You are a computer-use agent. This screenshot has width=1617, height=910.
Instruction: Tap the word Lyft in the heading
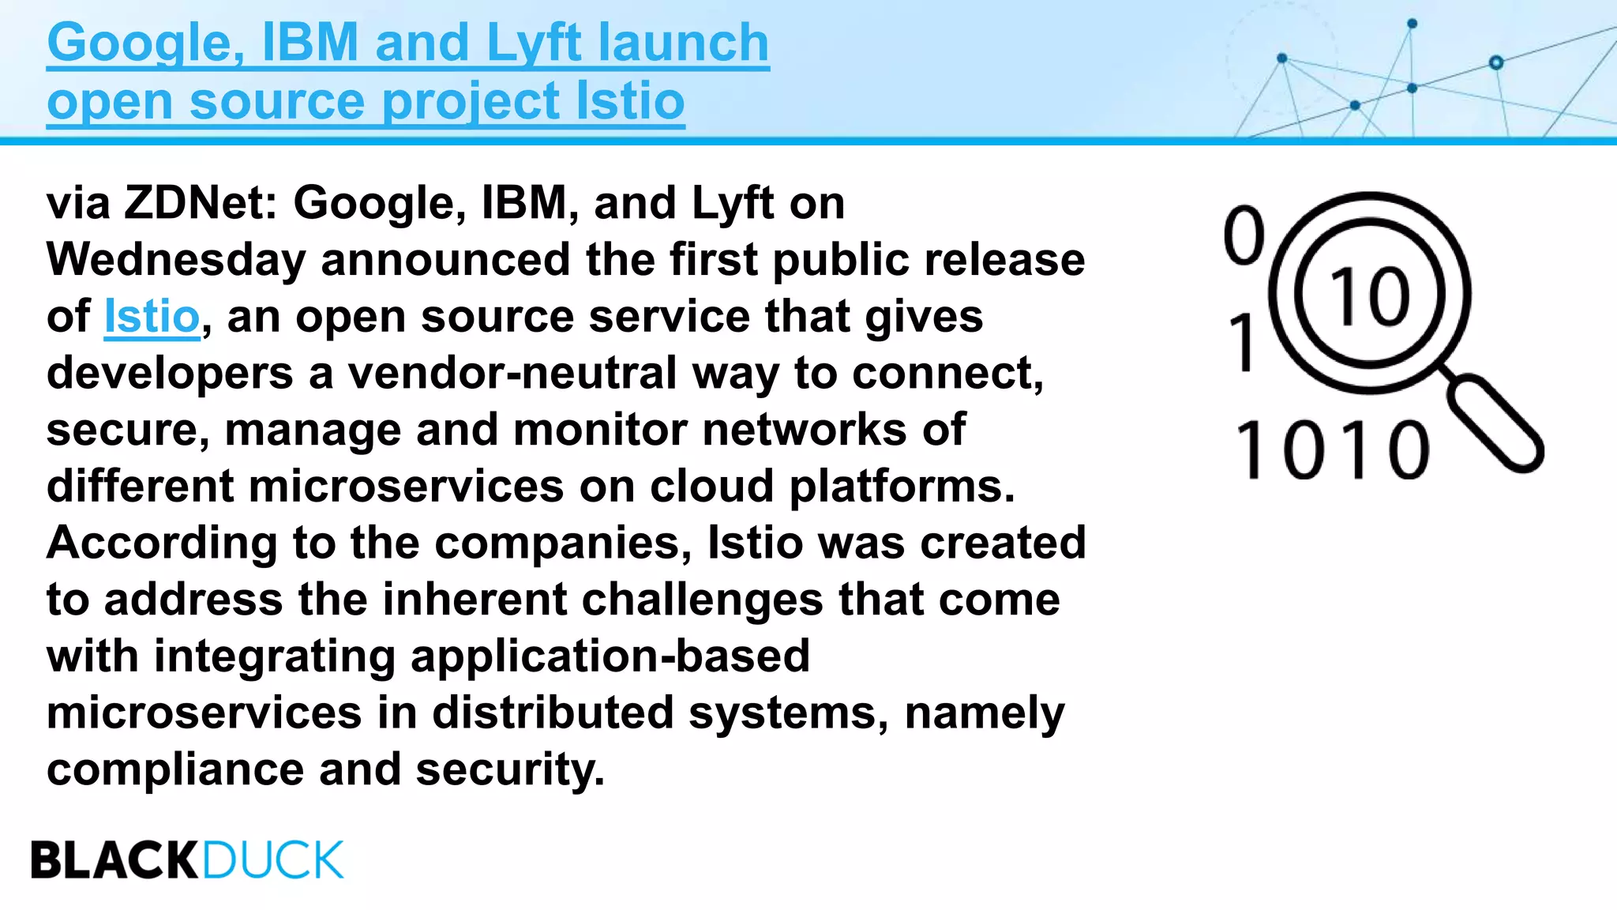pos(534,43)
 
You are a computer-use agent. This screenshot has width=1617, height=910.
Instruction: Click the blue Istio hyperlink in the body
pos(152,317)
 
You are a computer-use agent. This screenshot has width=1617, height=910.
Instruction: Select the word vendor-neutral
pos(512,374)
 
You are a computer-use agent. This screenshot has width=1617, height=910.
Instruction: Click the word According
pos(161,543)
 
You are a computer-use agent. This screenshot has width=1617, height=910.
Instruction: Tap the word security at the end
pos(509,770)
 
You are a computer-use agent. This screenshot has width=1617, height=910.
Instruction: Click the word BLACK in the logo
pos(114,860)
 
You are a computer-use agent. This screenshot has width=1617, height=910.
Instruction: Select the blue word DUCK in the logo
pos(273,860)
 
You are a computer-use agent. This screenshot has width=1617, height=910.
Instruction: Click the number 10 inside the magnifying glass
pos(1370,295)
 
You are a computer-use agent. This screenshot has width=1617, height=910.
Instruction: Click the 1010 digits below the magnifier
pos(1332,450)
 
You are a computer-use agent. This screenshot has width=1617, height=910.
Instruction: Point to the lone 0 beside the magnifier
pos(1244,235)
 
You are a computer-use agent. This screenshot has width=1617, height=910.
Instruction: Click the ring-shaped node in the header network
pos(1495,62)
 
